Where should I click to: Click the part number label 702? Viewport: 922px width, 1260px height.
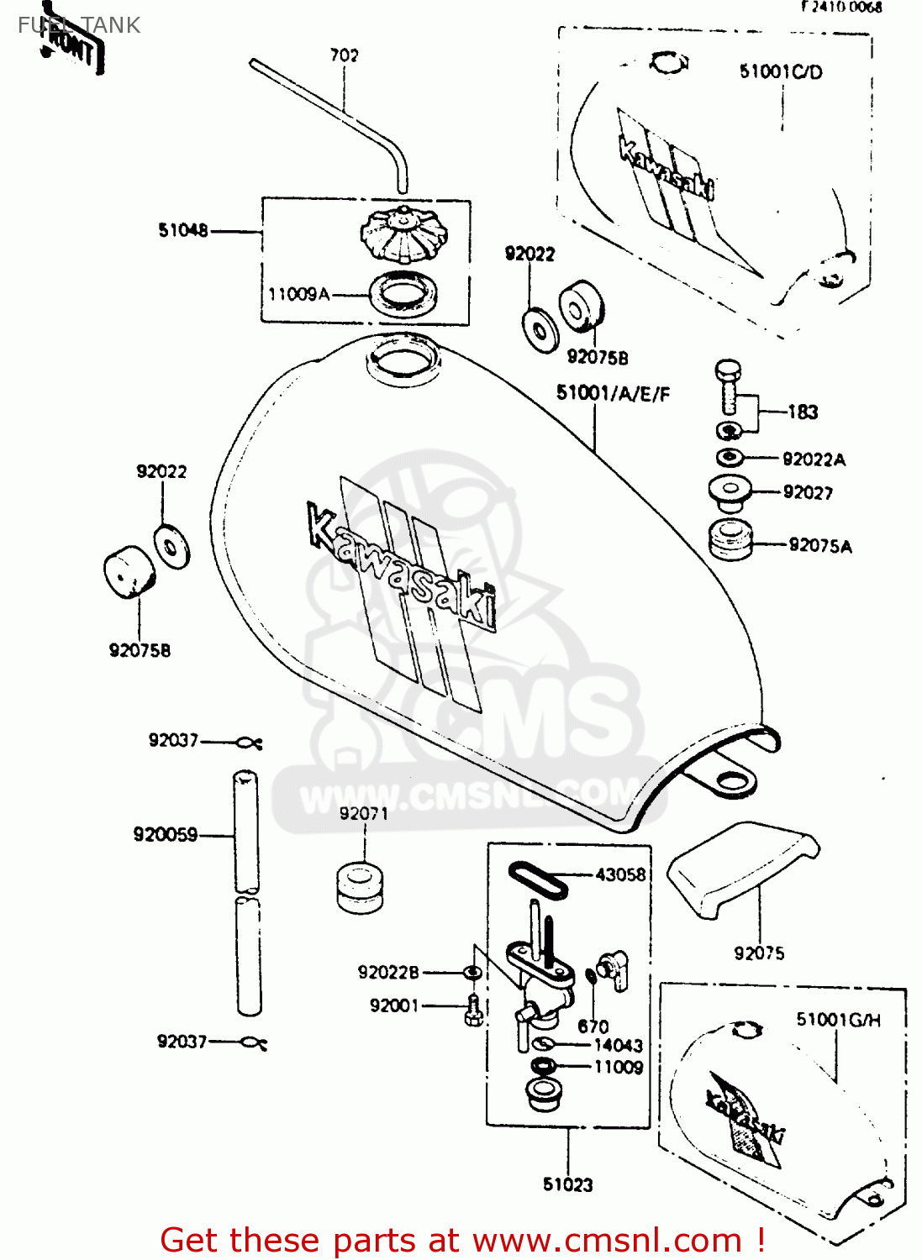click(x=344, y=55)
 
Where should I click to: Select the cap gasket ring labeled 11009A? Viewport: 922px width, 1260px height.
click(x=403, y=294)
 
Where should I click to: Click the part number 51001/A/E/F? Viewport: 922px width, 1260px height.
click(x=613, y=393)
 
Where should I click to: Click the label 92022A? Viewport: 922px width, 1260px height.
click(x=814, y=459)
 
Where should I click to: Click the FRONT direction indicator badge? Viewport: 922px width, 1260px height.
click(x=73, y=48)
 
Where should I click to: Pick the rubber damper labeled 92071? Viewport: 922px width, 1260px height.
click(x=361, y=887)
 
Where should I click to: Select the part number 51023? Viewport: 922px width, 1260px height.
click(x=567, y=1184)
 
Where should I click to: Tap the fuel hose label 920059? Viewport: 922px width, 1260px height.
click(x=166, y=834)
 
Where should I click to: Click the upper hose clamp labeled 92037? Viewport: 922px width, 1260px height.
click(x=250, y=743)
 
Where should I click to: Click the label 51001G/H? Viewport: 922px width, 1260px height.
click(x=838, y=1020)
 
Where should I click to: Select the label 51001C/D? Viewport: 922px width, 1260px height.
click(x=781, y=72)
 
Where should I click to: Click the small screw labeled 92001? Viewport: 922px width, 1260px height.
click(x=473, y=1011)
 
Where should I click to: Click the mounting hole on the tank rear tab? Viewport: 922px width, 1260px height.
click(x=732, y=782)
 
